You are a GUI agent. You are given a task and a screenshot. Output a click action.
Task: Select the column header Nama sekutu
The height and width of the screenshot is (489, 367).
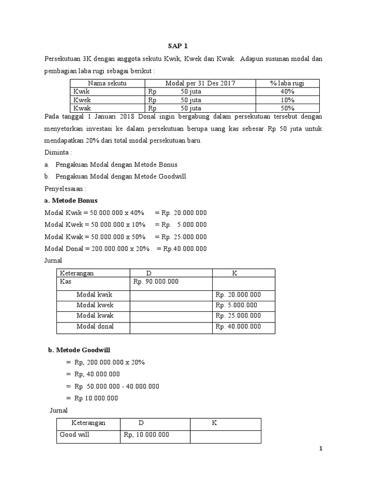click(108, 83)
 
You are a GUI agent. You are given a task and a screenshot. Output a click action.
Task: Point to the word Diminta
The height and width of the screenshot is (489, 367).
click(56, 153)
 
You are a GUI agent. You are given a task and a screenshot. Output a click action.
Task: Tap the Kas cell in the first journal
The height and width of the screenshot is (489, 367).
click(65, 282)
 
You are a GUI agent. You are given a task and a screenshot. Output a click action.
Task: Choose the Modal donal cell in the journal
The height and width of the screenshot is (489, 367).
click(95, 327)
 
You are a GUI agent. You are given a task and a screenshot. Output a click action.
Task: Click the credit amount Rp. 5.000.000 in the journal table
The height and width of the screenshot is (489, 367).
click(236, 305)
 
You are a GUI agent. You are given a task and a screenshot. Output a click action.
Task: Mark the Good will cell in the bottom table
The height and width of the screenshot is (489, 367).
click(75, 435)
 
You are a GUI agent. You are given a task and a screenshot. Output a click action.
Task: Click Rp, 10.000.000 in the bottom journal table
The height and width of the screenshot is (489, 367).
click(146, 435)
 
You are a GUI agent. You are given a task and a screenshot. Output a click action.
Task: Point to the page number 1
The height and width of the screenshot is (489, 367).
click(321, 449)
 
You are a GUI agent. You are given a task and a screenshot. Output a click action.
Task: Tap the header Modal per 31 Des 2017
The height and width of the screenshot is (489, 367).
click(200, 83)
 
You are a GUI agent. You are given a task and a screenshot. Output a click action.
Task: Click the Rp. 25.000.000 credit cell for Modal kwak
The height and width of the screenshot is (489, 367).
click(238, 316)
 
